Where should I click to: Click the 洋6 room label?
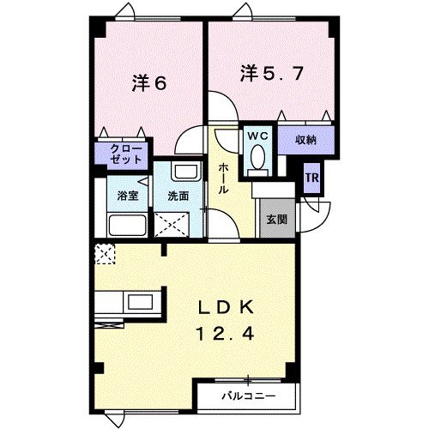(148, 83)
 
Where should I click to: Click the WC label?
(257, 136)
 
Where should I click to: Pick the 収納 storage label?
(307, 139)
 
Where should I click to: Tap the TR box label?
(312, 178)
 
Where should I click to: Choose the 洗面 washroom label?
(178, 196)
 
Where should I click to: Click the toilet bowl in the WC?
(257, 159)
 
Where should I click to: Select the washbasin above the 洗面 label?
(180, 170)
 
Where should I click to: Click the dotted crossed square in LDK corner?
(105, 254)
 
